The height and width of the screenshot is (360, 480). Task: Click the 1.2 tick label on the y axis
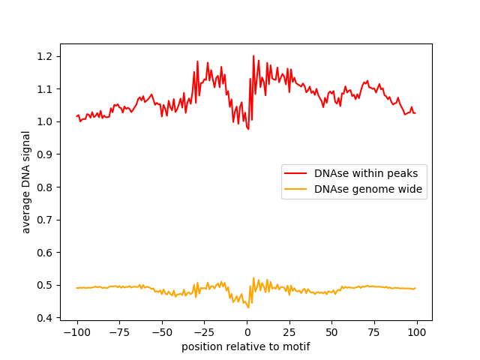(45, 56)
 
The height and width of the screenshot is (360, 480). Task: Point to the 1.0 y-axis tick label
(45, 121)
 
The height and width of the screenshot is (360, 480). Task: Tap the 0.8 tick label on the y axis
(45, 187)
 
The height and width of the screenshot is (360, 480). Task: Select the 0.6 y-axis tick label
(45, 252)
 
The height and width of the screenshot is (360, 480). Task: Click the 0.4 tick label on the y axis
(45, 318)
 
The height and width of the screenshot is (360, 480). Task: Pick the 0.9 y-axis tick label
(45, 154)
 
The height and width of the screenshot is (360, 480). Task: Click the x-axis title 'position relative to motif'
(245, 346)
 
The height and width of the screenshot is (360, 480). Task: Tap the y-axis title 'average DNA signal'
(26, 182)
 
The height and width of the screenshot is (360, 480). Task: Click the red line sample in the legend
(296, 173)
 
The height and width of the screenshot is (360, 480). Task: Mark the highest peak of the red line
(253, 55)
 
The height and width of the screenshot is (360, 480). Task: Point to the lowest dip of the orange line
(249, 307)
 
